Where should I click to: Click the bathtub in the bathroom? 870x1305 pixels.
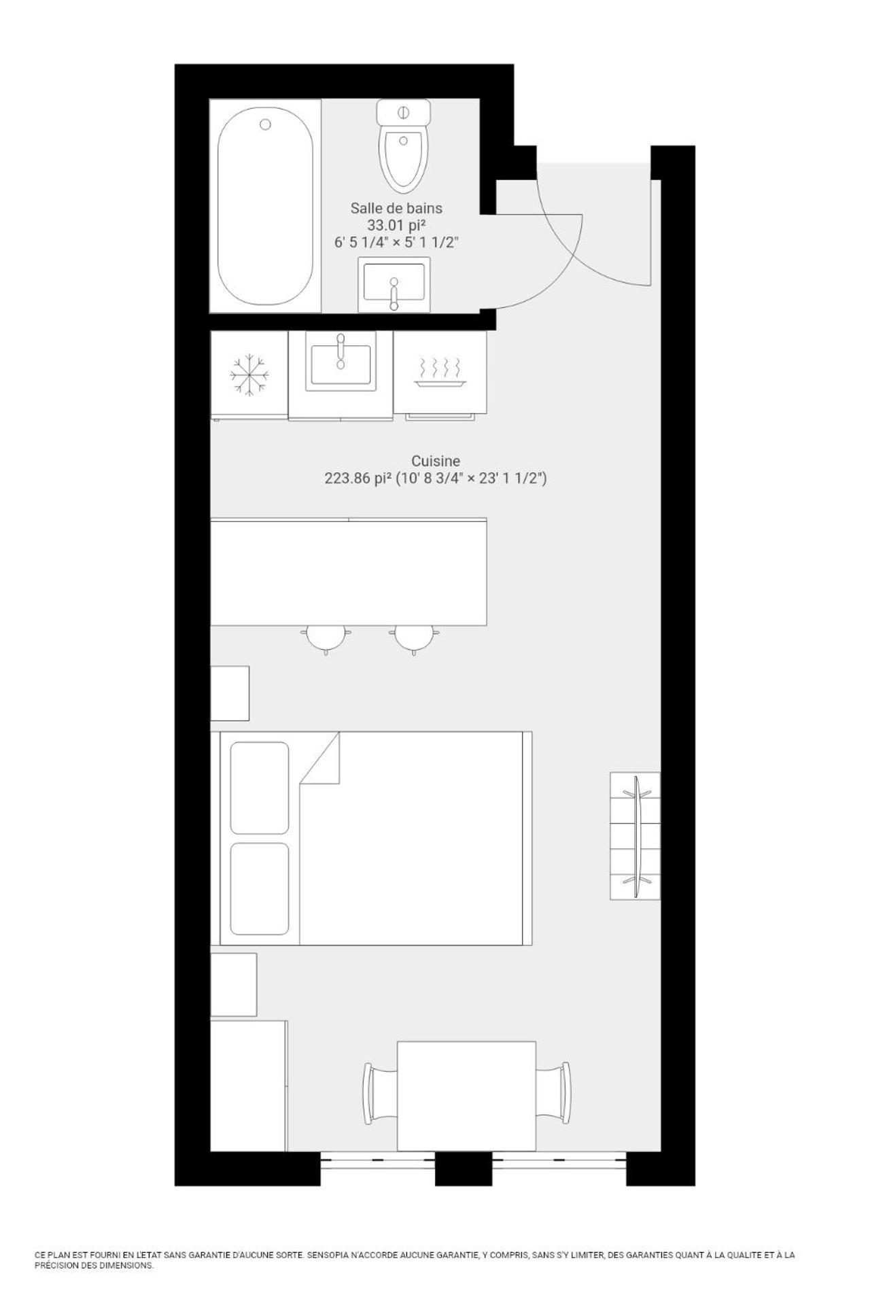click(265, 206)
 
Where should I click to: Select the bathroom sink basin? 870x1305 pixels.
click(394, 283)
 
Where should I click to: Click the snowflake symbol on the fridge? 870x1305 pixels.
click(249, 375)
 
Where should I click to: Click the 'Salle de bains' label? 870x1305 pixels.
click(396, 208)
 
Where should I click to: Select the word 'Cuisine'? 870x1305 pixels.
click(436, 461)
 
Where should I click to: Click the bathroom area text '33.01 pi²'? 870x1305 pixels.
click(396, 225)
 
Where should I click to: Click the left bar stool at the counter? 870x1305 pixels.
click(326, 638)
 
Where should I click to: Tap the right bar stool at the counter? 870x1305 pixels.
click(414, 638)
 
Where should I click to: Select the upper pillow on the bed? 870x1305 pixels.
click(260, 788)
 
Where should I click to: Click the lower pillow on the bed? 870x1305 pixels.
click(260, 889)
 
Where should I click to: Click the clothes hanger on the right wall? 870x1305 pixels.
click(640, 835)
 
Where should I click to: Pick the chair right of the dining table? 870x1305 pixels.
click(553, 1093)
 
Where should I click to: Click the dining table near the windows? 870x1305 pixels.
click(466, 1096)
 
